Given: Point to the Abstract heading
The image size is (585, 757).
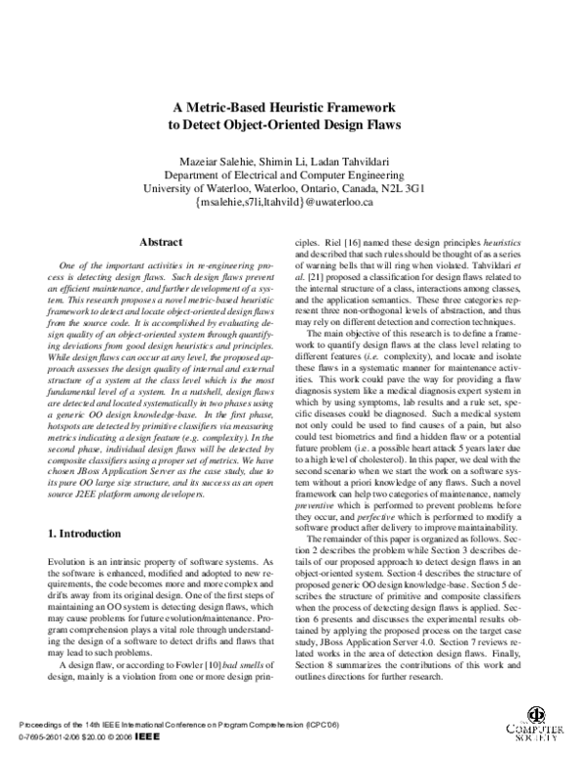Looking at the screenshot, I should coord(161,241).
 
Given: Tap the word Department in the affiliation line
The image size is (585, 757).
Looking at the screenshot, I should coord(224,175).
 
